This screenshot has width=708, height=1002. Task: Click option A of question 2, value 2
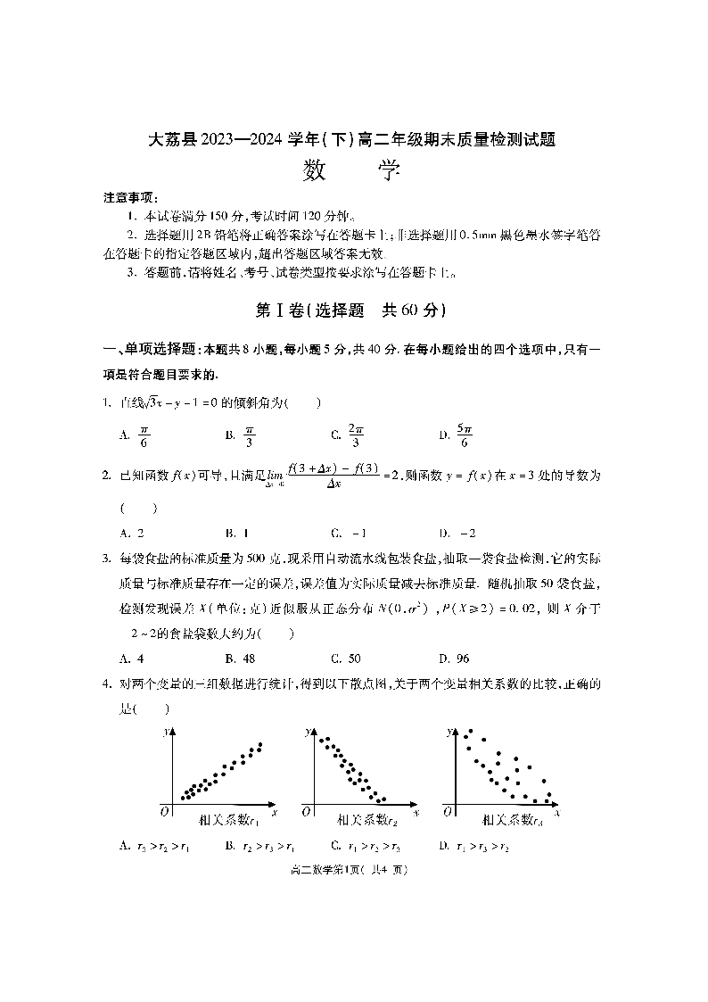(x=131, y=533)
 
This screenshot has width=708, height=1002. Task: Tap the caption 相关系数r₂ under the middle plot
(x=366, y=819)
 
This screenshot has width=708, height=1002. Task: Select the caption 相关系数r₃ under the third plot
(x=511, y=819)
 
